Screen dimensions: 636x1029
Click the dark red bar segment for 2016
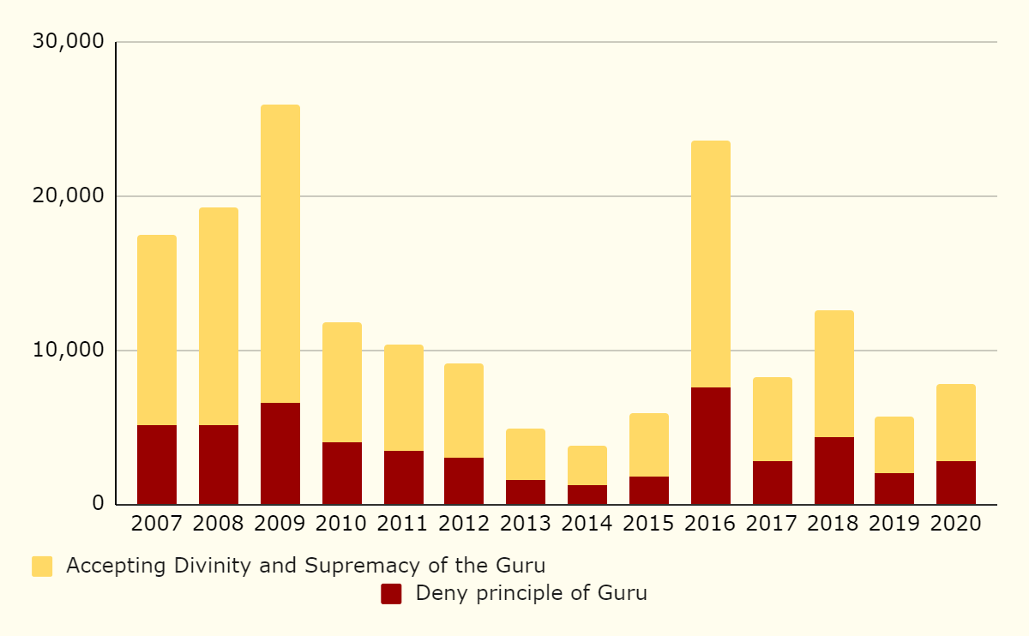click(x=711, y=446)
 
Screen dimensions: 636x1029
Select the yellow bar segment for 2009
click(x=280, y=254)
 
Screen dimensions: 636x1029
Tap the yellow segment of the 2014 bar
click(x=587, y=465)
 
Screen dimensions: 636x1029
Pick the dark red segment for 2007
click(x=157, y=465)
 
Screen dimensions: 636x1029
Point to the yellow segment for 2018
click(x=834, y=374)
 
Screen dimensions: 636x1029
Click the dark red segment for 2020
click(x=956, y=483)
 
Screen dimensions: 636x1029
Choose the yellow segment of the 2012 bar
click(x=464, y=411)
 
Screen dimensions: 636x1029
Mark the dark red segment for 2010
click(x=342, y=473)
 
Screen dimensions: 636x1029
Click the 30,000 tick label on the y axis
click(x=68, y=41)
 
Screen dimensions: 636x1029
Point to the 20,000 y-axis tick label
click(x=68, y=195)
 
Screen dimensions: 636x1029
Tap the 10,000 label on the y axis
click(x=68, y=350)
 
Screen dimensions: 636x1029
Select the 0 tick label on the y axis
click(x=98, y=504)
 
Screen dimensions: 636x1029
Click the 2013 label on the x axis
click(x=526, y=524)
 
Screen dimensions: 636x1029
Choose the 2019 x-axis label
click(x=894, y=524)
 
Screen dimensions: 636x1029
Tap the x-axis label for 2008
click(x=219, y=524)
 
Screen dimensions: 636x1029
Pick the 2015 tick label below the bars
click(x=649, y=524)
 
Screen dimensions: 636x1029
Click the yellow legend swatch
click(x=42, y=567)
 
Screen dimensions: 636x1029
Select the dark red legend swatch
click(x=391, y=594)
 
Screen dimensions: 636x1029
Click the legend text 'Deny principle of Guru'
click(x=531, y=593)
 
